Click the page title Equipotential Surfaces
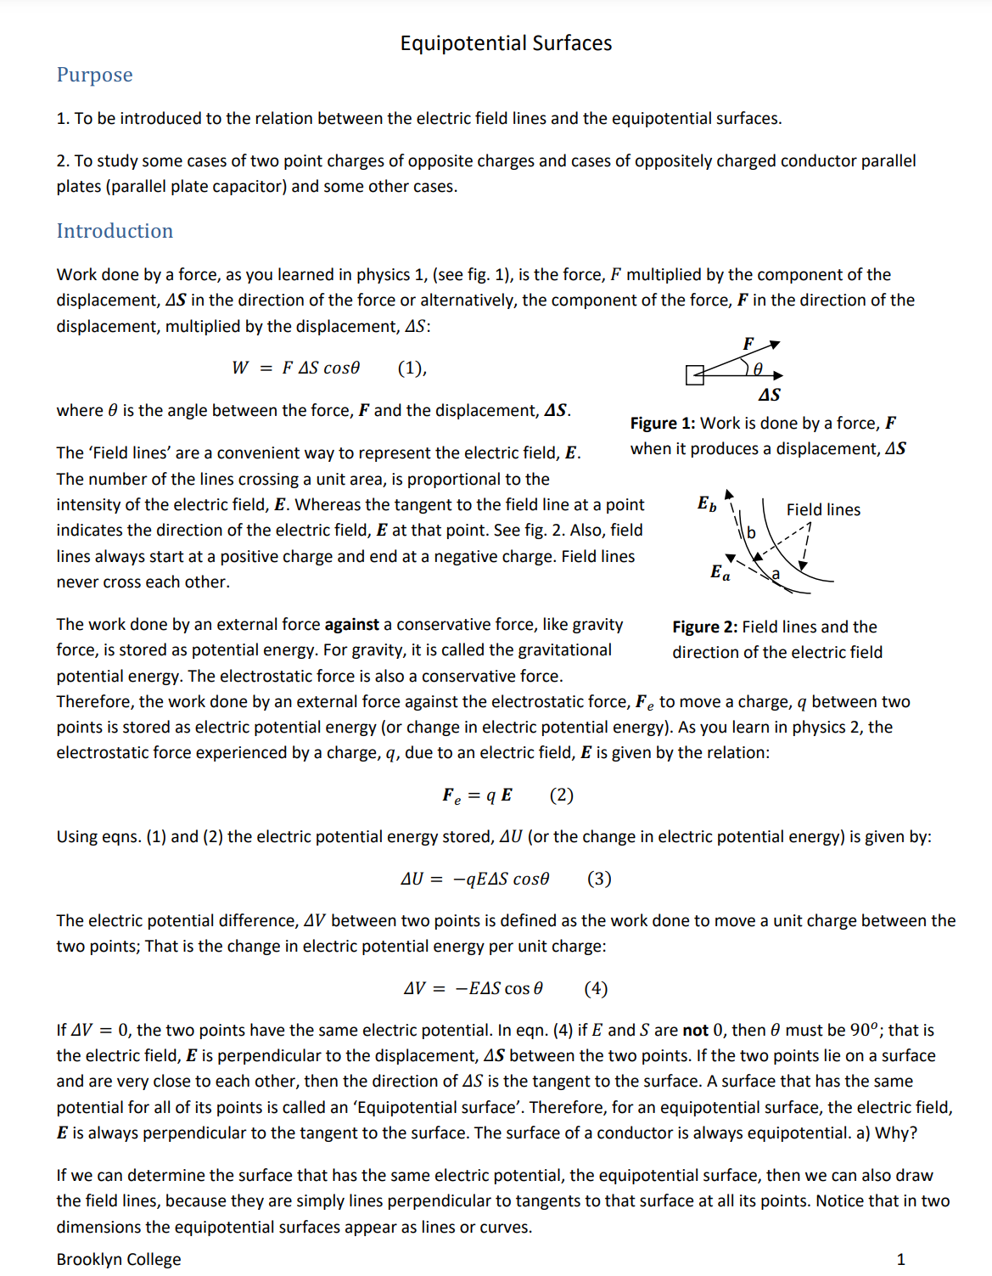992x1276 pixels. pos(506,43)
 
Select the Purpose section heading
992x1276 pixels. pos(94,75)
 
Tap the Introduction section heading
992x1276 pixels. pos(115,231)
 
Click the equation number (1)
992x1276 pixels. pos(412,368)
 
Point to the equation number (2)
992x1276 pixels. pos(561,795)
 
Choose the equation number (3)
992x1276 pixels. pos(598,879)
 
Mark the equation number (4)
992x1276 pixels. pos(596,988)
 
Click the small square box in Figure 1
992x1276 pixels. pos(694,374)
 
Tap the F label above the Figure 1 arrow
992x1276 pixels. pos(748,343)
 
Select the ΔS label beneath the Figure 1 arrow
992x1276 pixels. pos(769,395)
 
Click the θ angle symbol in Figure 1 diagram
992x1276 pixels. pos(758,368)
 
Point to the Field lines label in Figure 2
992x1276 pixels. pos(822,509)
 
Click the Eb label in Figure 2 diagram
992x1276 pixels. pos(706,503)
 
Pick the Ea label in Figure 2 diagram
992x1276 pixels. pos(720,572)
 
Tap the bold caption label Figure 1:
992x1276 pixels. pos(663,423)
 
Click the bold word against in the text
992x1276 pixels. pos(351,624)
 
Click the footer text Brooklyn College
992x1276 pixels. pos(119,1259)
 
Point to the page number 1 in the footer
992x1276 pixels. pos(900,1259)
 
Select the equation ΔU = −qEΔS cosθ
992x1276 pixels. pos(474,879)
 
